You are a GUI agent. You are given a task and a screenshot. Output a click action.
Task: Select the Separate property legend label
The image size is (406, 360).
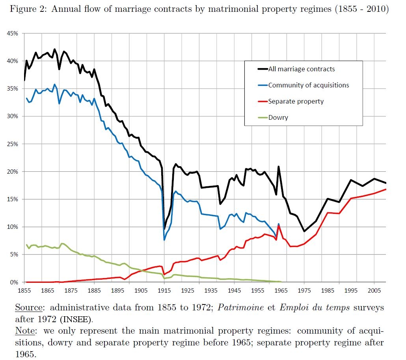pyautogui.click(x=296, y=101)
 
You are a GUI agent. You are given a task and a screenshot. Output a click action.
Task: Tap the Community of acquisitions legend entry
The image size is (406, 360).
pyautogui.click(x=308, y=85)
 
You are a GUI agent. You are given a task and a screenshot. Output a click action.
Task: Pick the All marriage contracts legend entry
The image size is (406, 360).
pyautogui.click(x=301, y=69)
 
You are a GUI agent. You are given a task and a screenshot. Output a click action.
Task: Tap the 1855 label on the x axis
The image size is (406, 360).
pyautogui.click(x=24, y=291)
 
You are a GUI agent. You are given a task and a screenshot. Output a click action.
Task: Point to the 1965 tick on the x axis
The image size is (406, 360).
pyautogui.click(x=281, y=291)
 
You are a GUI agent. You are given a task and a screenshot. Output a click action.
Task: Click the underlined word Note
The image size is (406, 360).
pyautogui.click(x=24, y=331)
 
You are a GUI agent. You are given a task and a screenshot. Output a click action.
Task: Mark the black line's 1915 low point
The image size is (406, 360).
pyautogui.click(x=164, y=228)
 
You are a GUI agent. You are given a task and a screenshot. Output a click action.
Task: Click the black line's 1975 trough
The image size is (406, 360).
pyautogui.click(x=304, y=231)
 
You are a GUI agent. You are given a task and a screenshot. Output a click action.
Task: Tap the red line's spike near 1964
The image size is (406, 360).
pyautogui.click(x=279, y=226)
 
